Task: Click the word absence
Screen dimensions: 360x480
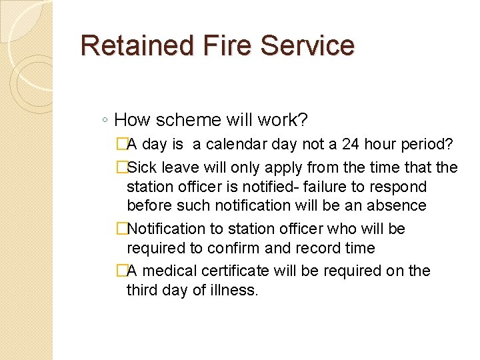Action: pyautogui.click(x=395, y=206)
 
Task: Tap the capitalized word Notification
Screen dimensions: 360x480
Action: pyautogui.click(x=166, y=229)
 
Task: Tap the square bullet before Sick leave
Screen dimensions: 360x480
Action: pyautogui.click(x=121, y=167)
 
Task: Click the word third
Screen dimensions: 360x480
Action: pyautogui.click(x=145, y=290)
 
